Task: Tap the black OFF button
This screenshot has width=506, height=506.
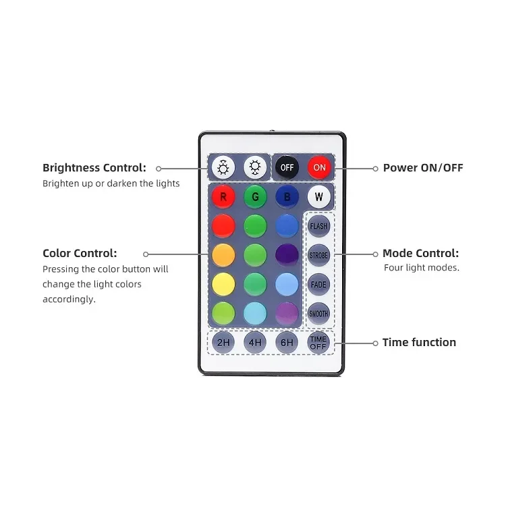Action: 287,167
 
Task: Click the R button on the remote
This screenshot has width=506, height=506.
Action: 223,197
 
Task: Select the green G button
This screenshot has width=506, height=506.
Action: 255,197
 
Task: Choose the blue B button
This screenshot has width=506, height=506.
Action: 287,197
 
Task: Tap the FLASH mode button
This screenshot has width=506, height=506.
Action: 318,227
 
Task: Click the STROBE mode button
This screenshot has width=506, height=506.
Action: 318,256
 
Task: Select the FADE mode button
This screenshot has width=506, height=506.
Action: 318,285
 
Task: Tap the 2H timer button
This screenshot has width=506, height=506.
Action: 223,343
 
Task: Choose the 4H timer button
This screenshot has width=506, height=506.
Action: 255,343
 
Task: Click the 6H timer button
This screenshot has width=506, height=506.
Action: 287,343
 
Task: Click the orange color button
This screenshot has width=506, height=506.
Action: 223,255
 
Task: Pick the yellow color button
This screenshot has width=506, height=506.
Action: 223,284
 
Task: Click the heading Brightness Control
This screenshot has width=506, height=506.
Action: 94,168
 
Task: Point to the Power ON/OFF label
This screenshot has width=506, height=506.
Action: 423,168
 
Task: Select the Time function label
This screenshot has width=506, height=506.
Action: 419,343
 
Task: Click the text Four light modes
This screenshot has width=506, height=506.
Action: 422,268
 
